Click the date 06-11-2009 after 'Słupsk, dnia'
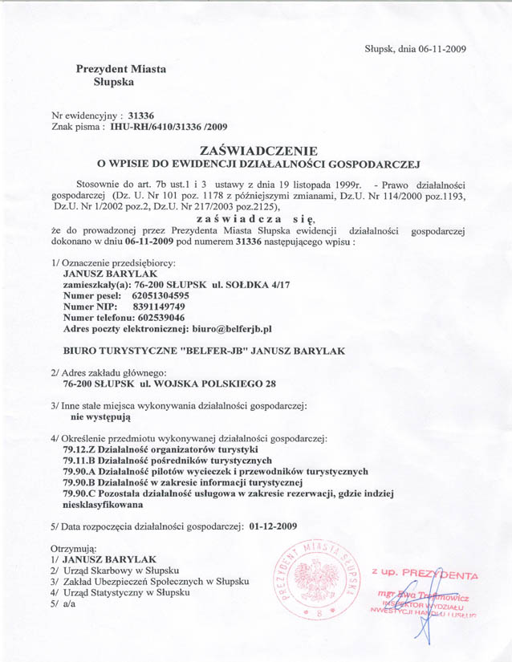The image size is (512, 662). (441, 48)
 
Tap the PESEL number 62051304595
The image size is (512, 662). (160, 295)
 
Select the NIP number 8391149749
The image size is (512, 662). (158, 307)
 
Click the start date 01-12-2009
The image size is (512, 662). (274, 526)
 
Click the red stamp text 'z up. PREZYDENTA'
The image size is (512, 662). (424, 575)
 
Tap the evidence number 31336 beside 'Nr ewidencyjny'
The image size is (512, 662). (131, 116)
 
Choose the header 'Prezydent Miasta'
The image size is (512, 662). (121, 69)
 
